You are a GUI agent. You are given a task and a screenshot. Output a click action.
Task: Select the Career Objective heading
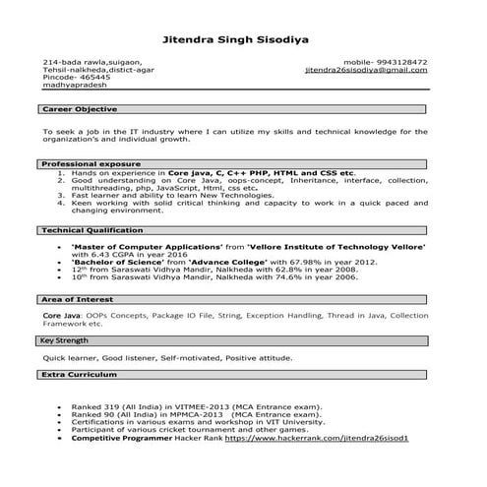coord(79,108)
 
